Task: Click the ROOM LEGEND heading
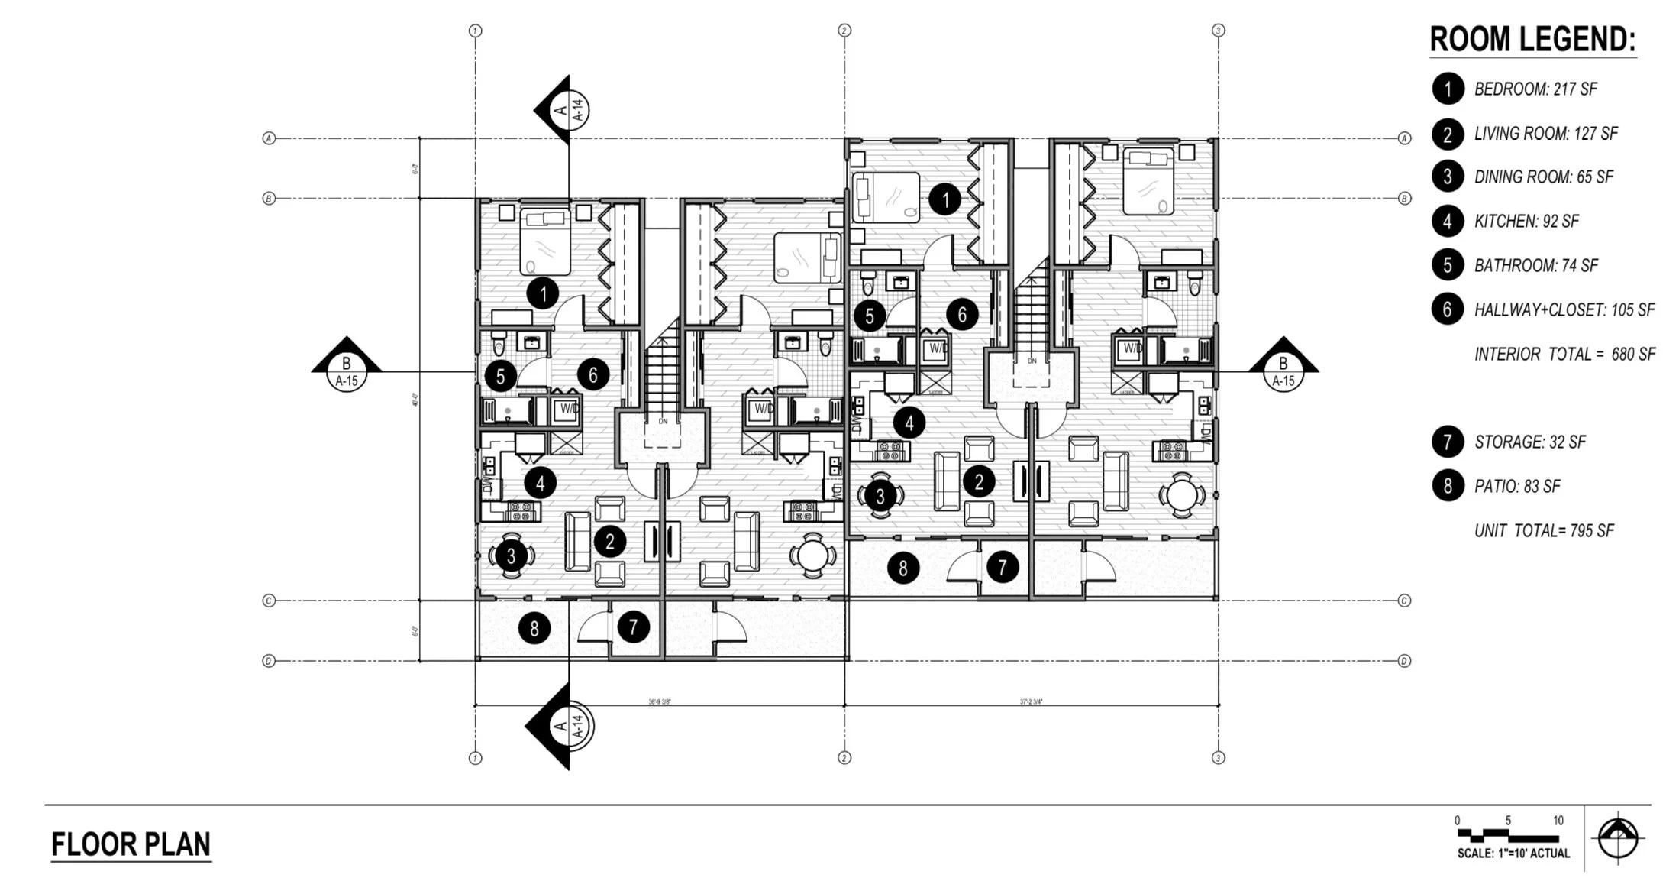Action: tap(1532, 40)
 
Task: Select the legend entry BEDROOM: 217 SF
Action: tap(1535, 89)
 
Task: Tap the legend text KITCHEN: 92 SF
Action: tap(1526, 222)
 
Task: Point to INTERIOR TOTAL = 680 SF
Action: tap(1564, 355)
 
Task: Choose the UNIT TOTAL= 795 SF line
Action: tap(1543, 530)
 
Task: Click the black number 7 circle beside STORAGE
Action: tap(1447, 442)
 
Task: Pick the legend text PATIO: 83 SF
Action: tap(1516, 487)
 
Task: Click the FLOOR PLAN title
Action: tap(131, 844)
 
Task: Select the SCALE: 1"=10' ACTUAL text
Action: tap(1513, 853)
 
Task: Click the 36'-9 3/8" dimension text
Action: tap(660, 701)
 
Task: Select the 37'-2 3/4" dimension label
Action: tap(1031, 701)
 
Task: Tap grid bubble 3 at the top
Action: tap(1218, 31)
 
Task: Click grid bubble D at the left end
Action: tap(269, 661)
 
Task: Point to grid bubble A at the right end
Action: tap(1404, 138)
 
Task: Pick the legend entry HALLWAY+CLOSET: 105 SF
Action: tap(1564, 310)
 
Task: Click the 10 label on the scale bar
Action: tap(1558, 820)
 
